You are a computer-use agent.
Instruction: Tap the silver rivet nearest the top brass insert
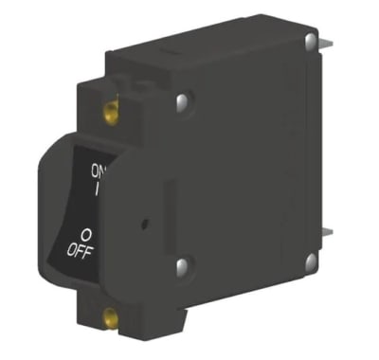coord(186,97)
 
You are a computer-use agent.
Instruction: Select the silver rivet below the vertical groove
coord(184,269)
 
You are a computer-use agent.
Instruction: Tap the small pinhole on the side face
coord(142,225)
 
